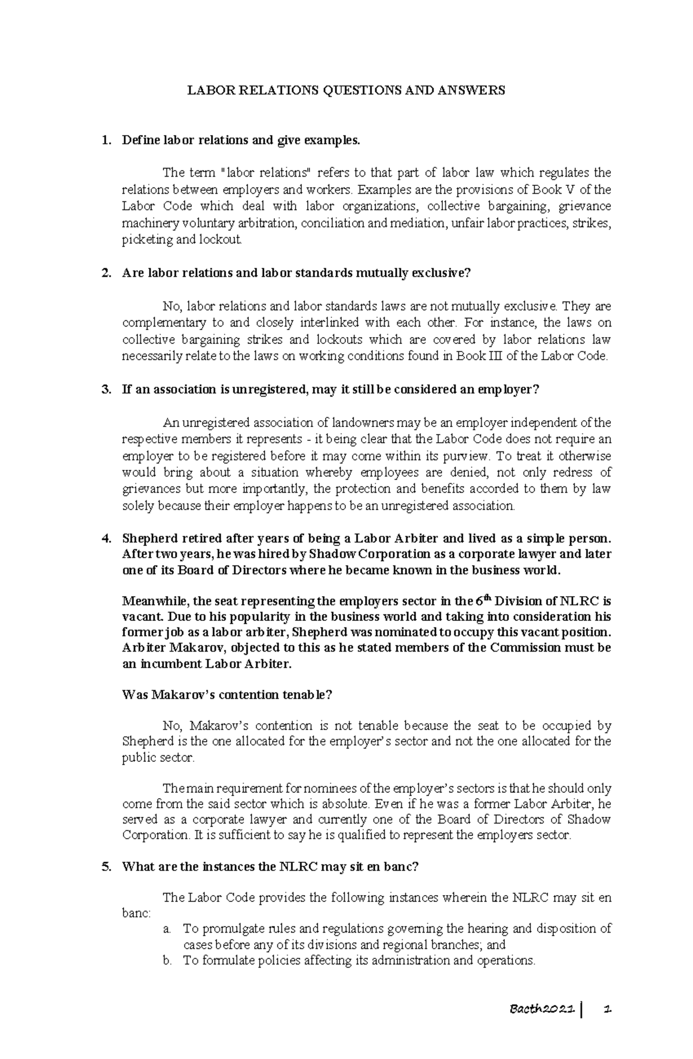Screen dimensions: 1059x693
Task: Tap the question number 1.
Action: pos(105,140)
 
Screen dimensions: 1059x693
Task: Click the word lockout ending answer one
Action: pos(222,240)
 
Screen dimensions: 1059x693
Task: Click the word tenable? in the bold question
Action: pos(310,695)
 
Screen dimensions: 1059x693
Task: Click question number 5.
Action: pos(105,867)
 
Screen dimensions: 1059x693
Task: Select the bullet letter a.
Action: pos(167,929)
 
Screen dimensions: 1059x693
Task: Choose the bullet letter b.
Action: pos(167,960)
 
